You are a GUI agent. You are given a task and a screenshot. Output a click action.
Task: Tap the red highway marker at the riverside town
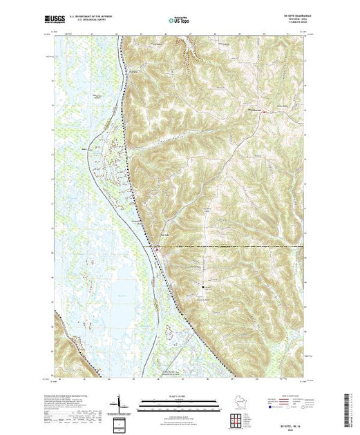(x=157, y=249)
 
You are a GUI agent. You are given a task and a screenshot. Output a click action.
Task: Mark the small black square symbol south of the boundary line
(x=202, y=285)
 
